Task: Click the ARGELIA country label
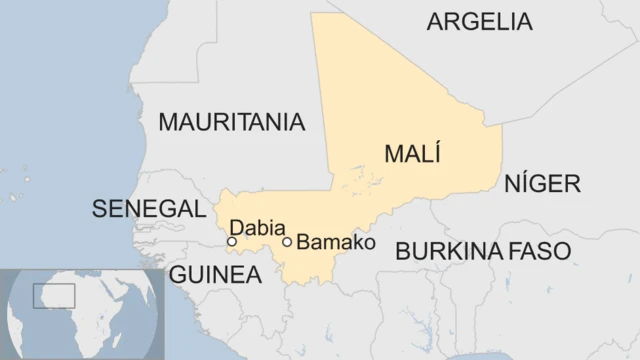click(479, 21)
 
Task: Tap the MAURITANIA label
click(232, 122)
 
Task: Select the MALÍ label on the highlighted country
click(413, 155)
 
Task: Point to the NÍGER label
click(542, 183)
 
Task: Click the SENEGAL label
click(148, 208)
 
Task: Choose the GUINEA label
click(214, 274)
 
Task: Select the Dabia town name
click(257, 227)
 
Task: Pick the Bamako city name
click(336, 243)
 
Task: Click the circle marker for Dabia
click(232, 241)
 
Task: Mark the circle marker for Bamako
click(287, 241)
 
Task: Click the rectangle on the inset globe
click(54, 295)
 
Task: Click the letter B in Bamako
click(304, 243)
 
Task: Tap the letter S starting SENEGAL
click(98, 208)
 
